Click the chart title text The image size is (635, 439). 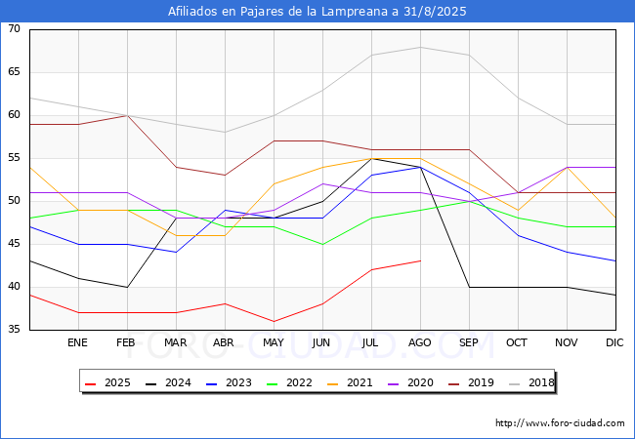point(317,12)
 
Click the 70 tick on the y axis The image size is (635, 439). point(15,29)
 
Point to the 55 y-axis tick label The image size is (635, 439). point(15,158)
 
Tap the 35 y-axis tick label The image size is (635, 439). point(15,330)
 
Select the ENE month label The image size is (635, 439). point(78,343)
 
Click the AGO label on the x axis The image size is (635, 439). point(420,343)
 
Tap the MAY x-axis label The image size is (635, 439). point(274,343)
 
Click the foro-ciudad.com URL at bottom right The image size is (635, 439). point(560,423)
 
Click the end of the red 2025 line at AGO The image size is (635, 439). point(420,260)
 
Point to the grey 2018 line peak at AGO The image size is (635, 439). point(420,47)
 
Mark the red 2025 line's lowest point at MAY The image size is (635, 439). point(274,321)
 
